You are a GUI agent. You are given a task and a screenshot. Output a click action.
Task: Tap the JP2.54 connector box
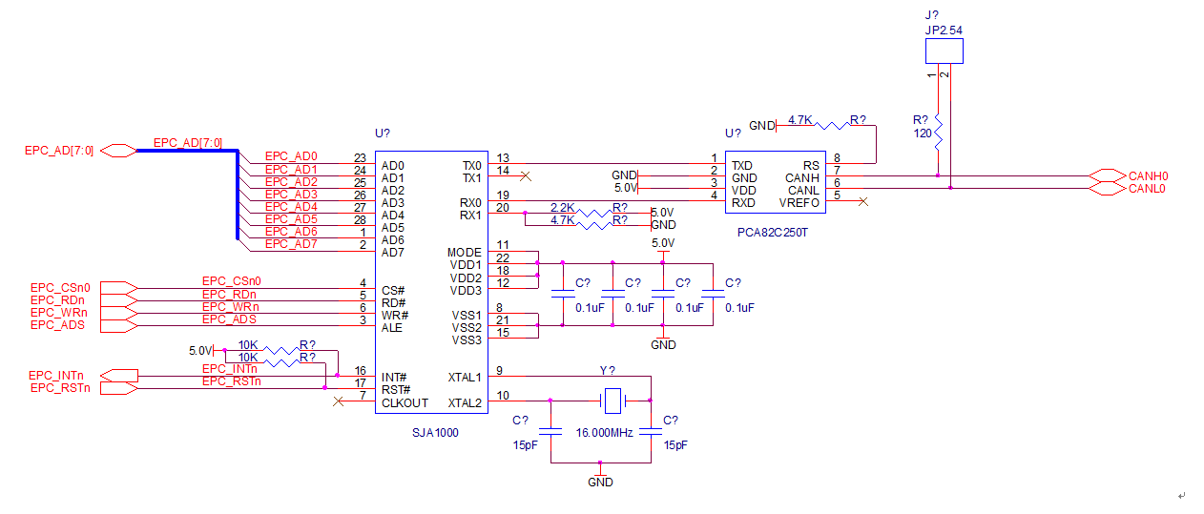[944, 51]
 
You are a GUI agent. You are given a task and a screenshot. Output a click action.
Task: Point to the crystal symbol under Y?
[612, 401]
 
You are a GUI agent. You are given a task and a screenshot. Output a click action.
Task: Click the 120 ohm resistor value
[922, 134]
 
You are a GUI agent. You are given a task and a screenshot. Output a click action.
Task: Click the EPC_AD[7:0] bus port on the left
[119, 150]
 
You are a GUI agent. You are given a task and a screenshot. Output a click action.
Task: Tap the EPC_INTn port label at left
[56, 375]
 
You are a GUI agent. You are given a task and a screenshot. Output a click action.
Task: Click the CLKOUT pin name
[405, 402]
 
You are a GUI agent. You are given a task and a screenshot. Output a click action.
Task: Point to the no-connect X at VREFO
[862, 201]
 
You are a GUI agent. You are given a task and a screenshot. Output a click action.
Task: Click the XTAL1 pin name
[465, 378]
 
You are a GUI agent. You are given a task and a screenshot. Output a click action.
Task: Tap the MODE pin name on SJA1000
[465, 253]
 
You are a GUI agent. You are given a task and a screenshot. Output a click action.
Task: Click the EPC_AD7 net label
[290, 244]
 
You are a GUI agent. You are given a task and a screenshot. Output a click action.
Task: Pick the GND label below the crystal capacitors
[600, 482]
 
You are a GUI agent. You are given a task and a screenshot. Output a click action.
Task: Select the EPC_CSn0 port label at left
[59, 287]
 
